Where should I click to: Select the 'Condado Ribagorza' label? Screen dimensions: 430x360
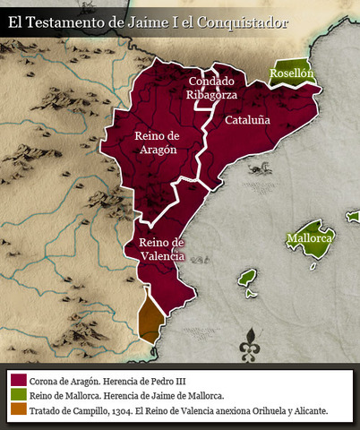pyautogui.click(x=210, y=87)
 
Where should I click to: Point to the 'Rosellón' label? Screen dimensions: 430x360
pyautogui.click(x=292, y=73)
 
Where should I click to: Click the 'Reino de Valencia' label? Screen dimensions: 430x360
pyautogui.click(x=161, y=249)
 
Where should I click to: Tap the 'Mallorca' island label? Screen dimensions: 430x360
pyautogui.click(x=310, y=239)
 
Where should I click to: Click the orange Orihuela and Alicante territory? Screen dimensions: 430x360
pyautogui.click(x=150, y=316)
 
